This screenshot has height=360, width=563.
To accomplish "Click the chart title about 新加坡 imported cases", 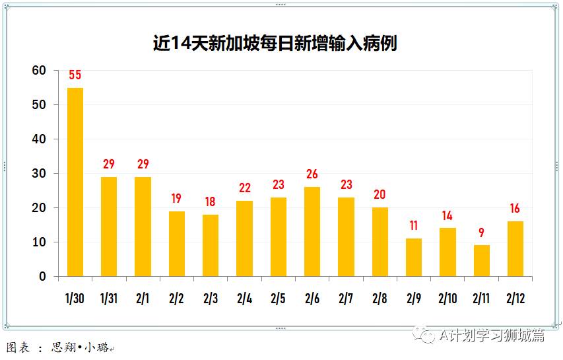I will [x=275, y=44].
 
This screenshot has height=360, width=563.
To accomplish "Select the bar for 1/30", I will [x=75, y=182].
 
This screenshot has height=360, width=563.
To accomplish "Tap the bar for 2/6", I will [x=312, y=231].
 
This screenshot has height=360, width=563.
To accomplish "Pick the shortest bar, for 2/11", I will [x=482, y=260].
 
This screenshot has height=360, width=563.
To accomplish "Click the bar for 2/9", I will [x=414, y=257].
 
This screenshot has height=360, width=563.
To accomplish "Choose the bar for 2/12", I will [x=515, y=248].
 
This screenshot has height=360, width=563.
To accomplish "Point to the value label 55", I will [x=75, y=75].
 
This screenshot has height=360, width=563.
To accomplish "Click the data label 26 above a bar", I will [x=312, y=174].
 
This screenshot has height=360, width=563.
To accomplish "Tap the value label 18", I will [x=211, y=201].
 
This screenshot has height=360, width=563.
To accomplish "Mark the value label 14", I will [x=448, y=215].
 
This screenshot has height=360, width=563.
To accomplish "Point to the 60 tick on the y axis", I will [x=39, y=71].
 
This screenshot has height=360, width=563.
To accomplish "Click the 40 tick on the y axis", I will [x=39, y=139].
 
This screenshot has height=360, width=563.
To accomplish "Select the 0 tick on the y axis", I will [x=42, y=277].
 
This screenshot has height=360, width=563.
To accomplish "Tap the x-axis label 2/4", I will [x=244, y=299].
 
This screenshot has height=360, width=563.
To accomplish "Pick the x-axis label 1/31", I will [x=109, y=299].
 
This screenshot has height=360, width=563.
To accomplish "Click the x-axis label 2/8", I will [x=380, y=299].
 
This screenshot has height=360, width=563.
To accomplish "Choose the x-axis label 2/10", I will [x=447, y=299].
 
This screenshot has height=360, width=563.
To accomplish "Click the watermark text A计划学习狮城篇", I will [x=492, y=336].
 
